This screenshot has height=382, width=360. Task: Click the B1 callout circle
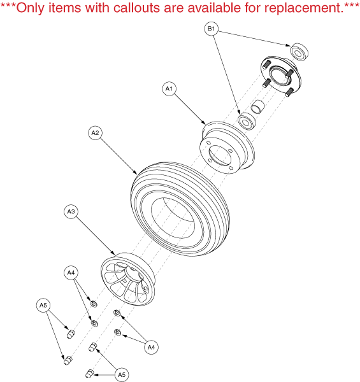coord(212,29)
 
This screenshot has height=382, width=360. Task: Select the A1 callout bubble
coord(169,88)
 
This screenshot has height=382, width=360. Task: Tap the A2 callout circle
coord(95,133)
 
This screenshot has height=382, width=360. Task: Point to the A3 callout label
coord(71,211)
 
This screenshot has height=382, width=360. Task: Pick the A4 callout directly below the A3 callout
coord(71,272)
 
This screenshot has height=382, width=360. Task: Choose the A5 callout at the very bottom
coord(122,375)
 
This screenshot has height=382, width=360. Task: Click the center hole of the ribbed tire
coord(173,218)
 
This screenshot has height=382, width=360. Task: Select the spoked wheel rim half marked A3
coord(128,279)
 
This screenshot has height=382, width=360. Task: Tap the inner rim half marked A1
coord(227,148)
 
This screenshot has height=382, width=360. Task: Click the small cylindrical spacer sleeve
coord(258,107)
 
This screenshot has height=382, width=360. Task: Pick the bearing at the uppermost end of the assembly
coord(299,52)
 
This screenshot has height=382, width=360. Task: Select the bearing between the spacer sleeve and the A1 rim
coord(247,121)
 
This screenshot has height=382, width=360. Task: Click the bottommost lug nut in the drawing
coord(90,374)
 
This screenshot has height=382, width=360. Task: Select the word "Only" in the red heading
coord(31,8)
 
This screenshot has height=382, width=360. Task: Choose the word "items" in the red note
coord(65,8)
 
